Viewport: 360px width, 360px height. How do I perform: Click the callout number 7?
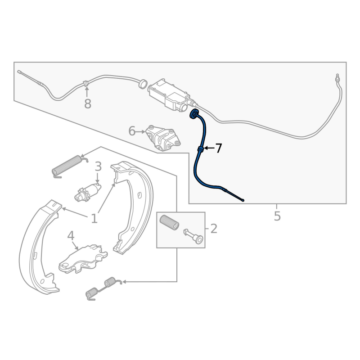pos(218,148)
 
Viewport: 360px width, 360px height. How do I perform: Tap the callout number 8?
pos(87,104)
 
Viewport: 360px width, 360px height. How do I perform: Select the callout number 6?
pos(132,131)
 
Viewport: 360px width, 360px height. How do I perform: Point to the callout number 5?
pos(277,216)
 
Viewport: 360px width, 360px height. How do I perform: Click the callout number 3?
pos(98,167)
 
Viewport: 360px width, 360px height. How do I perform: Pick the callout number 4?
pos(71,235)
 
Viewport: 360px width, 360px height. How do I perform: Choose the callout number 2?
pos(213,229)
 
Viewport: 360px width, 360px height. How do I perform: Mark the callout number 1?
pos(94,219)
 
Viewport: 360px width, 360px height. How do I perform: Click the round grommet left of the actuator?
pos(143,83)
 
